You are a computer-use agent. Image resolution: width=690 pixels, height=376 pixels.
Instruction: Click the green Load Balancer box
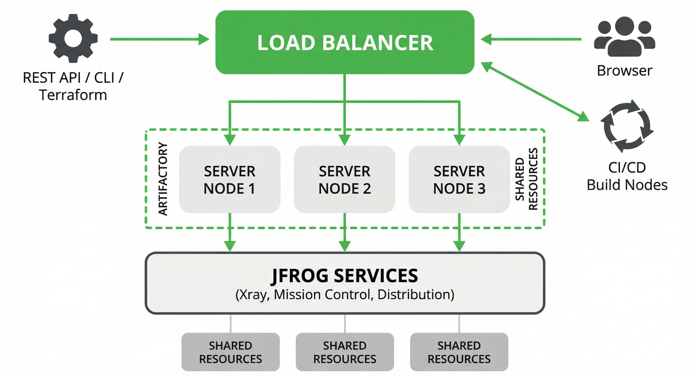click(345, 42)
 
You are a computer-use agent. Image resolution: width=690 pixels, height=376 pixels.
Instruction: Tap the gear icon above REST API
click(73, 38)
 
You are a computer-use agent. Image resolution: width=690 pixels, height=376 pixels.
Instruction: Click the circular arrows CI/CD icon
click(627, 126)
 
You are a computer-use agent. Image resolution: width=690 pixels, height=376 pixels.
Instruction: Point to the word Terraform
click(73, 95)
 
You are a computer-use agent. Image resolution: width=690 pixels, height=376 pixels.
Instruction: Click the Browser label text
click(624, 71)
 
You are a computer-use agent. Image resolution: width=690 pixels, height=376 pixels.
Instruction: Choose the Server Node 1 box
click(230, 179)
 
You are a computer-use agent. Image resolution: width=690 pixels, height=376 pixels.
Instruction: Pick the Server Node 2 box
click(345, 179)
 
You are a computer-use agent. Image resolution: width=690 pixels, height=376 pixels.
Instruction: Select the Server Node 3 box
click(459, 179)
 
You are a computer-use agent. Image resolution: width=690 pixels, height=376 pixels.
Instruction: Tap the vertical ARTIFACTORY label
click(163, 179)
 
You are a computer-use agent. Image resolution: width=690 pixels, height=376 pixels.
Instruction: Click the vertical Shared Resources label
click(526, 179)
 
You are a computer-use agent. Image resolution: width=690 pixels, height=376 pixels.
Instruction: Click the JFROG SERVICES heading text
click(345, 276)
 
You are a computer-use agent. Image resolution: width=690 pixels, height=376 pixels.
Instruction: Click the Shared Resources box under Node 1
click(230, 352)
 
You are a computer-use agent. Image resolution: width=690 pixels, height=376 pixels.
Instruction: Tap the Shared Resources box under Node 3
click(459, 352)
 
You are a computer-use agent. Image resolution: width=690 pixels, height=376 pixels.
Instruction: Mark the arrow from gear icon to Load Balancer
click(159, 39)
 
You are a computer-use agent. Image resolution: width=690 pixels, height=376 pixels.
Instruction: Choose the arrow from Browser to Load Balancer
click(532, 39)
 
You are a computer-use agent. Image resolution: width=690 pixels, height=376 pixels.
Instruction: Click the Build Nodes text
click(627, 185)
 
